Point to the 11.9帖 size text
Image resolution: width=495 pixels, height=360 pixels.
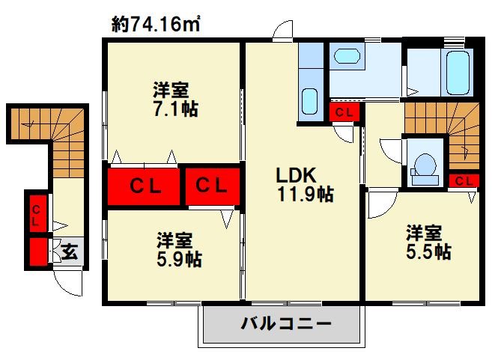pos(305,195)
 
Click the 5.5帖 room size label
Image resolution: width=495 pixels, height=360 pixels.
pos(428,251)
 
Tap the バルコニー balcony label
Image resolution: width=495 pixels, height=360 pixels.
pos(286,326)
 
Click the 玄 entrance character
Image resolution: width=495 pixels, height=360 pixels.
pos(70,251)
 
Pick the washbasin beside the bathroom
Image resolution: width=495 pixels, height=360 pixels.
pos(347,56)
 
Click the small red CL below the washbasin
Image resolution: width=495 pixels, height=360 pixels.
pos(344,113)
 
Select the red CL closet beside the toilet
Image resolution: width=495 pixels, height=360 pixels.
pos(464,180)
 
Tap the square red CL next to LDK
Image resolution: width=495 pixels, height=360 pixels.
pos(213,185)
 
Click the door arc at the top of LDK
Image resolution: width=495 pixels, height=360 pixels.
pos(284,31)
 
